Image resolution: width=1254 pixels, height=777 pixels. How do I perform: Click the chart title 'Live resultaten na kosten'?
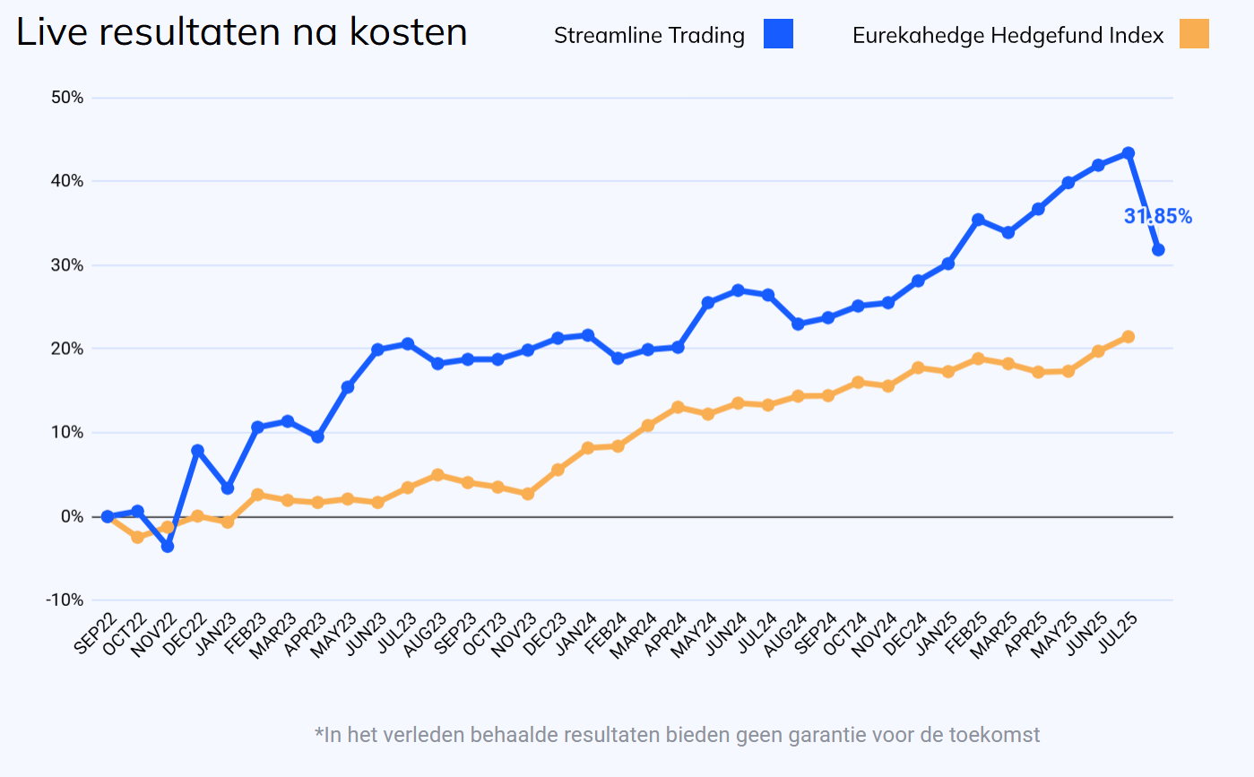[242, 33]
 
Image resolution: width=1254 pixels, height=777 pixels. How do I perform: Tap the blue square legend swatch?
[778, 34]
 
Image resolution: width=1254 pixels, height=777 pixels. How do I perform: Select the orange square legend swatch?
[1194, 34]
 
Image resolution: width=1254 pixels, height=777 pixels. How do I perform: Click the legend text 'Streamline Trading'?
[649, 36]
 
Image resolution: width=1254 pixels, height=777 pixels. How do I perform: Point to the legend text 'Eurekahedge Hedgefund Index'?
[1008, 36]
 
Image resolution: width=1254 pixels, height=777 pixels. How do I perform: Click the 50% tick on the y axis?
[65, 98]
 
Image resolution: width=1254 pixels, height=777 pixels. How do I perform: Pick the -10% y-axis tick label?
[64, 600]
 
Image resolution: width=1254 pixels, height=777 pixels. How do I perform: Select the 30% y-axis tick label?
[65, 265]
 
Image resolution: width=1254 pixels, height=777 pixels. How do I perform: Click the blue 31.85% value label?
[1157, 216]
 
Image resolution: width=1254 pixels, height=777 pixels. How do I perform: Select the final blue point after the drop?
[1158, 249]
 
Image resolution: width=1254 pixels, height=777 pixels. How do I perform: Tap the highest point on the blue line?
[1129, 153]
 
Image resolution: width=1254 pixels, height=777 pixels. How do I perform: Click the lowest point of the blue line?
[168, 546]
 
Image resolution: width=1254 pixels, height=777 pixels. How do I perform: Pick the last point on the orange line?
[1129, 337]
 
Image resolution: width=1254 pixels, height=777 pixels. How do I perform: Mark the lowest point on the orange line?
[137, 537]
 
